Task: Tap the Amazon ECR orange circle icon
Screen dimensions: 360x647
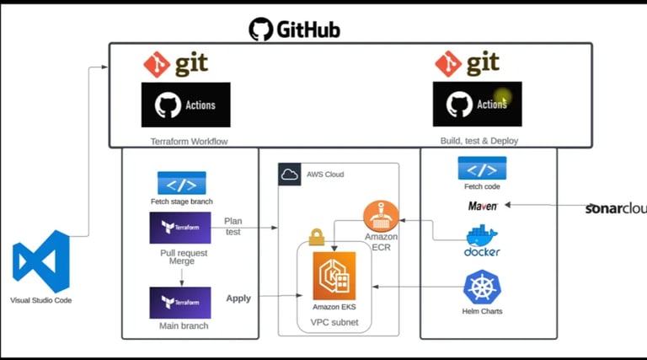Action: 380,218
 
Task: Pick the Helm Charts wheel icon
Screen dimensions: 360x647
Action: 482,288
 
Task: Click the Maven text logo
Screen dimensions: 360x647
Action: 483,205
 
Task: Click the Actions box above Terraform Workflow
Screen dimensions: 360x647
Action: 185,105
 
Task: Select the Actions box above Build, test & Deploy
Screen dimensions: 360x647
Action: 477,105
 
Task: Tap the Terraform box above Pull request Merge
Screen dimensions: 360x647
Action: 180,228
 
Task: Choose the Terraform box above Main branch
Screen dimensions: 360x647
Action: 180,302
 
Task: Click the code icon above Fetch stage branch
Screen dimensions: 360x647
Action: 182,183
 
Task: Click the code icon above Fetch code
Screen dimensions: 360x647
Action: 482,168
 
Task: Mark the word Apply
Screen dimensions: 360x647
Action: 238,298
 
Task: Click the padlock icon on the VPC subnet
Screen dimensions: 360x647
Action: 317,238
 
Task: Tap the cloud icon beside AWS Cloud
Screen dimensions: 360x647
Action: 290,175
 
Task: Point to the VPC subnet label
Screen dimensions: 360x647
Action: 334,321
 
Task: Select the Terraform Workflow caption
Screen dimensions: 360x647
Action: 184,142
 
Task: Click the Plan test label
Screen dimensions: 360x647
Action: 233,225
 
